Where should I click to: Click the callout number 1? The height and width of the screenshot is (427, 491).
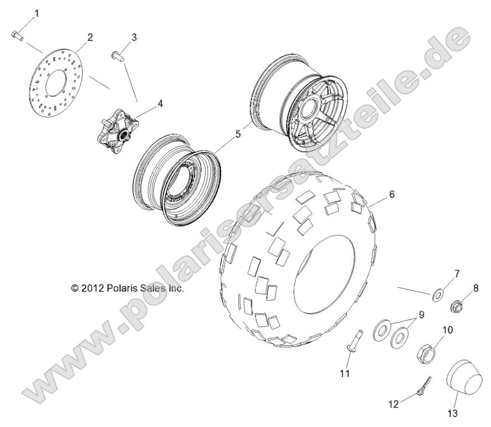(37, 13)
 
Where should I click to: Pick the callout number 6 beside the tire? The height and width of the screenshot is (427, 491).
(392, 195)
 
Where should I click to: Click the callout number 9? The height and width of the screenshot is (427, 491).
(422, 315)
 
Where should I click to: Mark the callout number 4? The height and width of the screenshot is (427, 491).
(160, 103)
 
